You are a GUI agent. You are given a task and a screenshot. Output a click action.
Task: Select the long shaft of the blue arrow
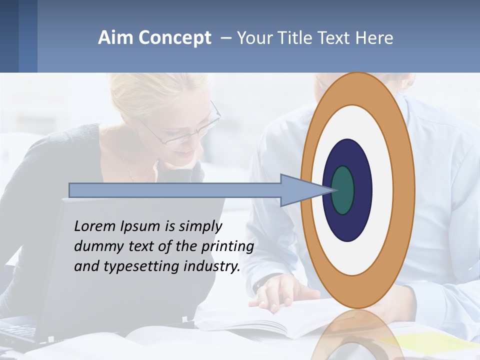175,190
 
